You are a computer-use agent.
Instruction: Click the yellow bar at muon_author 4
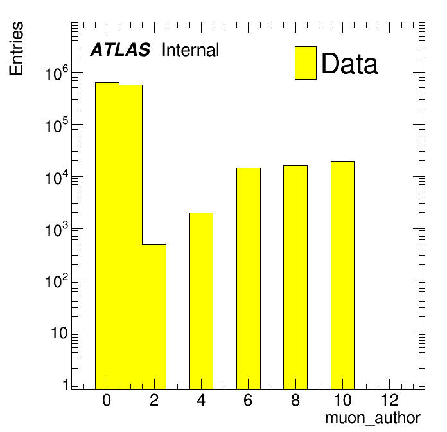[201, 301]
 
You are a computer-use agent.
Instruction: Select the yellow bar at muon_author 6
[249, 278]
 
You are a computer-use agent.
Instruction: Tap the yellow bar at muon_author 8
[295, 277]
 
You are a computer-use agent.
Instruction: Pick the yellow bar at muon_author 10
[343, 275]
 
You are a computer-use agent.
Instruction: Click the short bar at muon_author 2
[154, 317]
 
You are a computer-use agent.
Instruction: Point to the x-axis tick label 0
[107, 400]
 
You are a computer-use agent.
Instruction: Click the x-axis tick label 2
[154, 400]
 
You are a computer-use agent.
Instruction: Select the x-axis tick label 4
[201, 400]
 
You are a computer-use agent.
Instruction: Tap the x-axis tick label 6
[248, 400]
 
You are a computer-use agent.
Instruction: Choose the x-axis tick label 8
[295, 400]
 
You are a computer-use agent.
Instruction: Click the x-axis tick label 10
[342, 400]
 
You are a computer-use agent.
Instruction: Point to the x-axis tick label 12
[390, 400]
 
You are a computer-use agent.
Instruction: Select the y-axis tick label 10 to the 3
[57, 229]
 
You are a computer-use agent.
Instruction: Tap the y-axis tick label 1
[66, 385]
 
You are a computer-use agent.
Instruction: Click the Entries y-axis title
[16, 48]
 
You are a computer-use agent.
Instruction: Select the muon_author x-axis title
[372, 419]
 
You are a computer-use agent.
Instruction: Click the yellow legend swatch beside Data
[306, 63]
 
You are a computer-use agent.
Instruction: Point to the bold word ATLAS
[120, 50]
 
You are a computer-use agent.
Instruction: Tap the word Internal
[191, 50]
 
